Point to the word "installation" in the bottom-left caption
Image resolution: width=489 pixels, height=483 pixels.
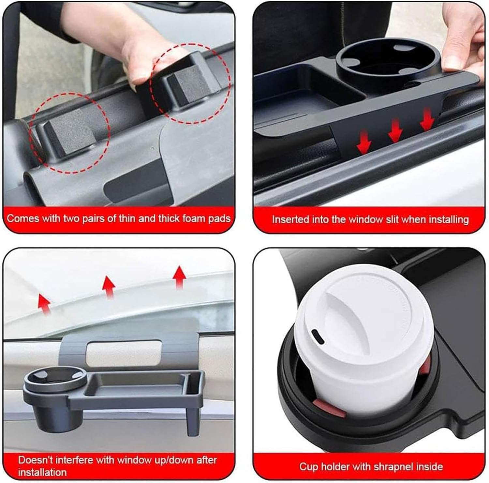42,472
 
